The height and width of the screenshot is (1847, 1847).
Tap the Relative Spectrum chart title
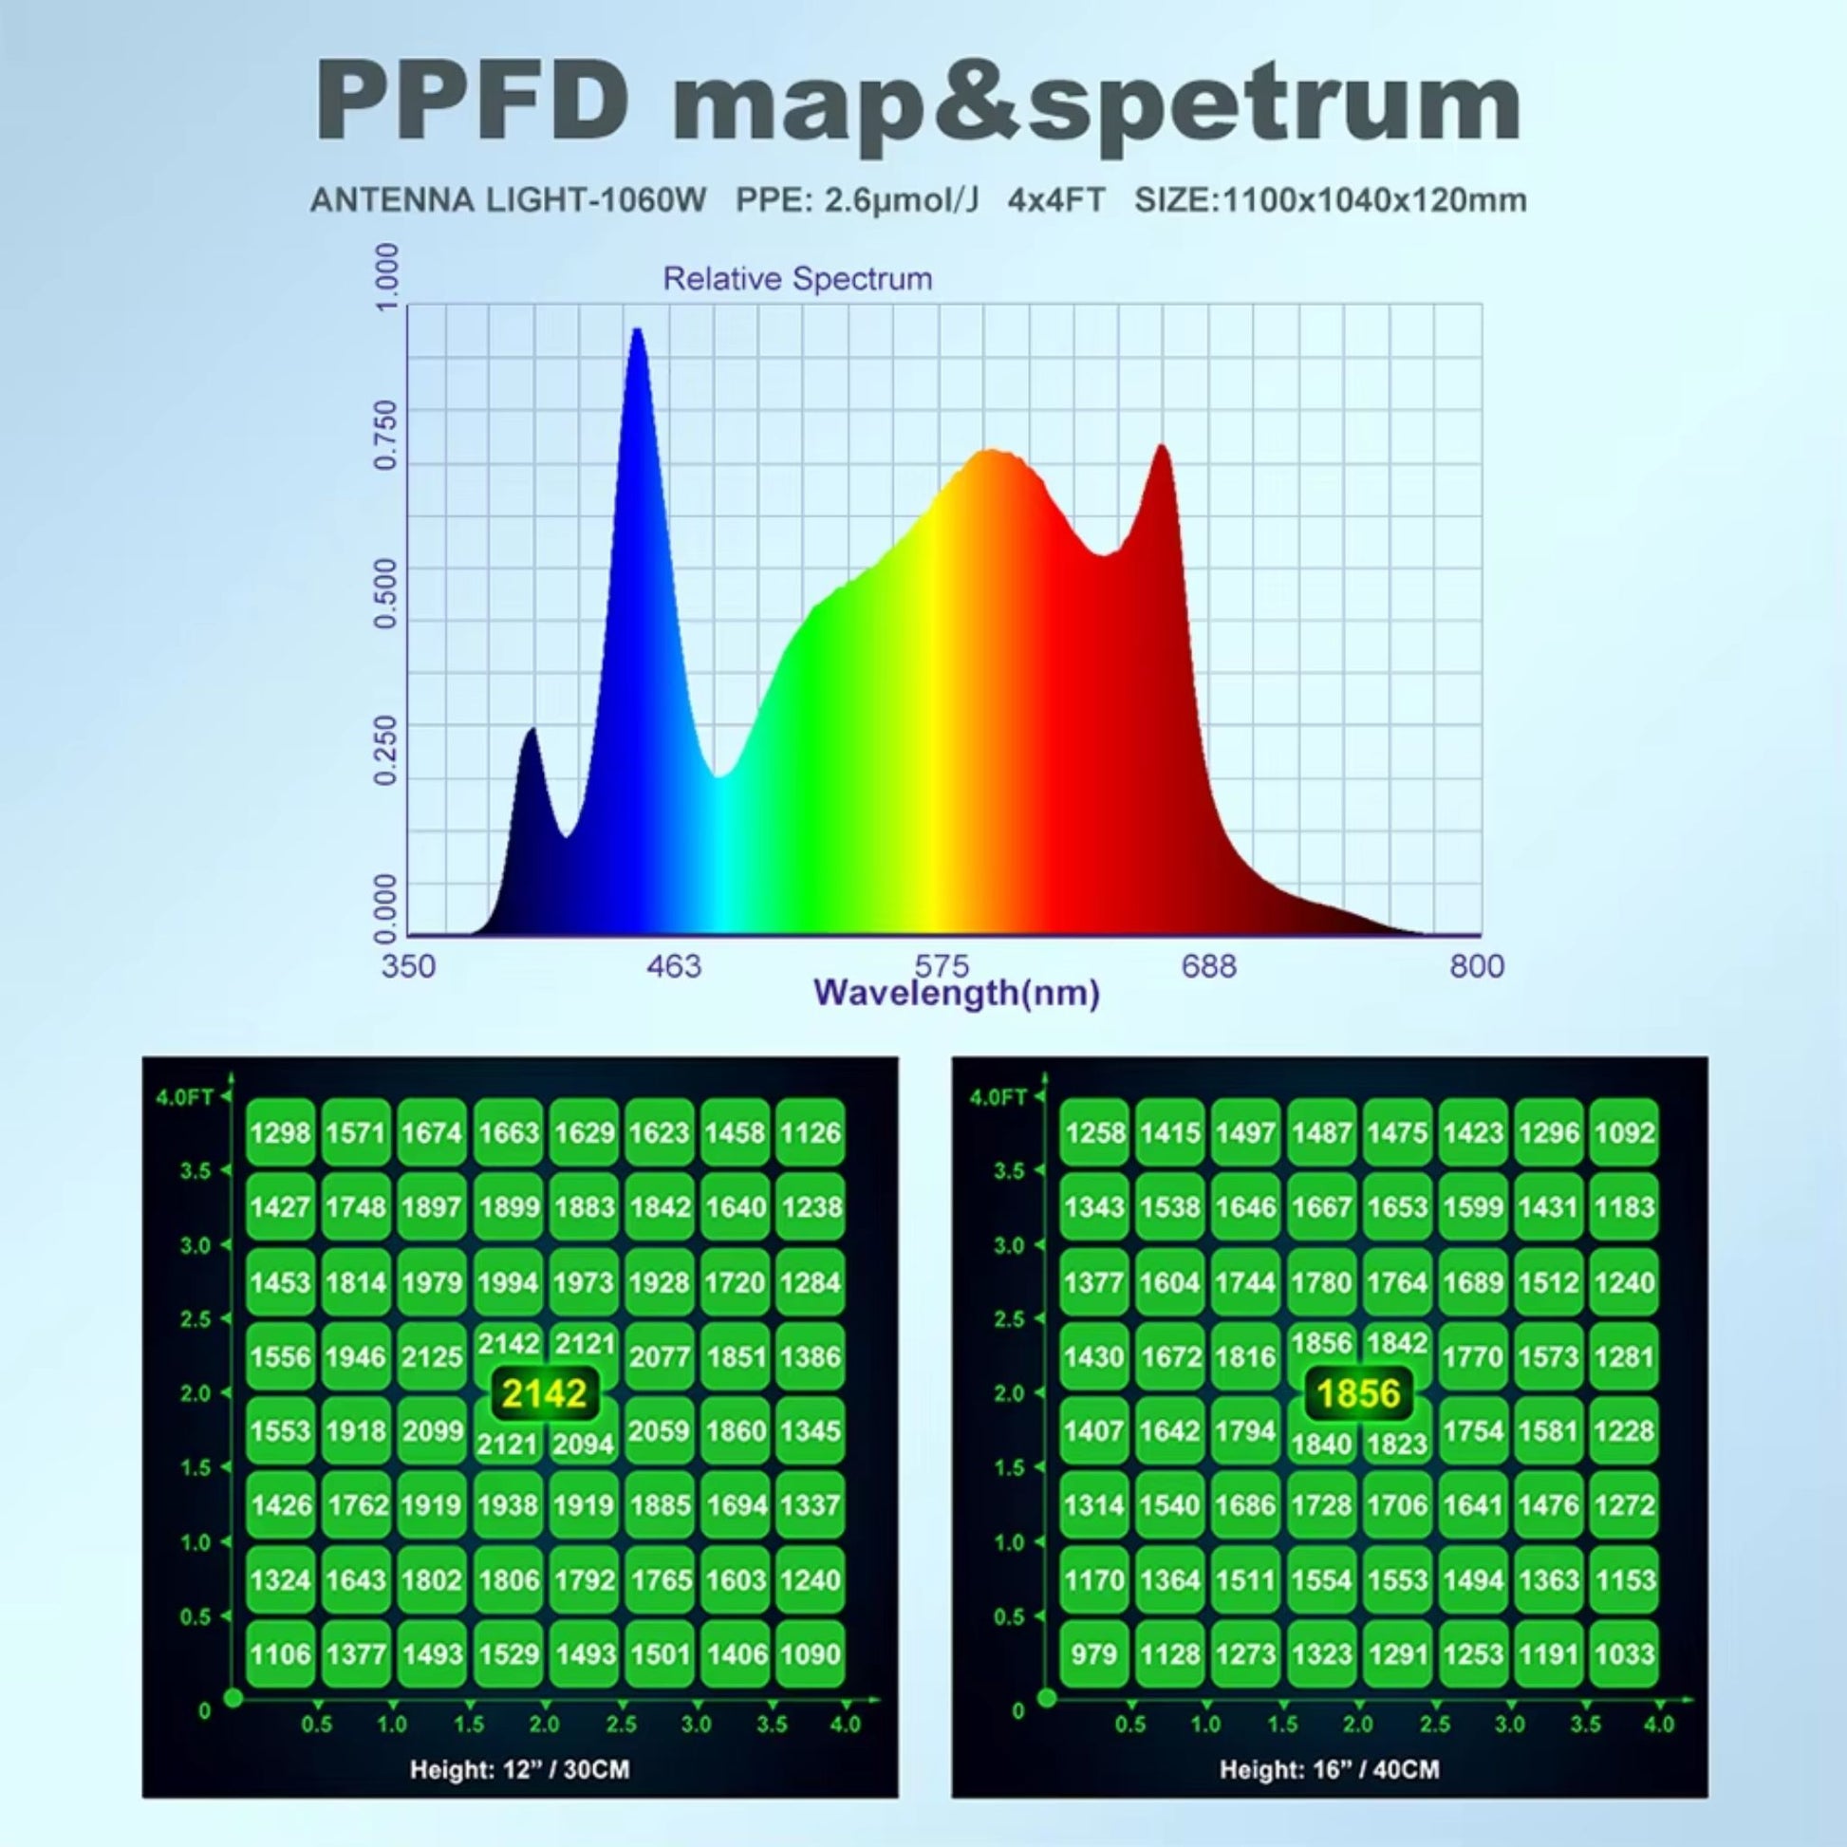[x=797, y=279]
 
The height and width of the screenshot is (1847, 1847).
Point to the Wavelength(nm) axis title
[x=956, y=994]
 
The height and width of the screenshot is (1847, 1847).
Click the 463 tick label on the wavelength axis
[x=673, y=966]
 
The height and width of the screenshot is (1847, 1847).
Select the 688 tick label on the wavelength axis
[x=1208, y=966]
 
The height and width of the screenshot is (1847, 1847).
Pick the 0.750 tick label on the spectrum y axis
[x=386, y=435]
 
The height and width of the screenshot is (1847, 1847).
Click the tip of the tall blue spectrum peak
[x=637, y=331]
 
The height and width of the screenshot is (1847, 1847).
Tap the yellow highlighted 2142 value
[x=544, y=1394]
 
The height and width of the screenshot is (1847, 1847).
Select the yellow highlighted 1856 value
[x=1357, y=1394]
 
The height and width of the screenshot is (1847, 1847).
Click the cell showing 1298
[x=280, y=1133]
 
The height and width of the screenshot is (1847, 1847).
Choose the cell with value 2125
[x=432, y=1356]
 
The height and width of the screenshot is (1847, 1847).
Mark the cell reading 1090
[x=810, y=1654]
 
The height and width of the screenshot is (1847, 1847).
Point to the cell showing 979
[x=1094, y=1654]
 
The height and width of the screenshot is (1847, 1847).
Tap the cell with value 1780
[x=1321, y=1282]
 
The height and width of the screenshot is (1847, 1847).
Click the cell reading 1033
[x=1624, y=1654]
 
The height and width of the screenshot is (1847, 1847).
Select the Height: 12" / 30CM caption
[x=519, y=1769]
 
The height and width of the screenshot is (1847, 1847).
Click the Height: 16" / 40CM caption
[x=1329, y=1769]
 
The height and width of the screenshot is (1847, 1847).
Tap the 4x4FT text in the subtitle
[x=1055, y=201]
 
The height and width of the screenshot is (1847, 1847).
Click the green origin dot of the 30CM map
[x=233, y=1699]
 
